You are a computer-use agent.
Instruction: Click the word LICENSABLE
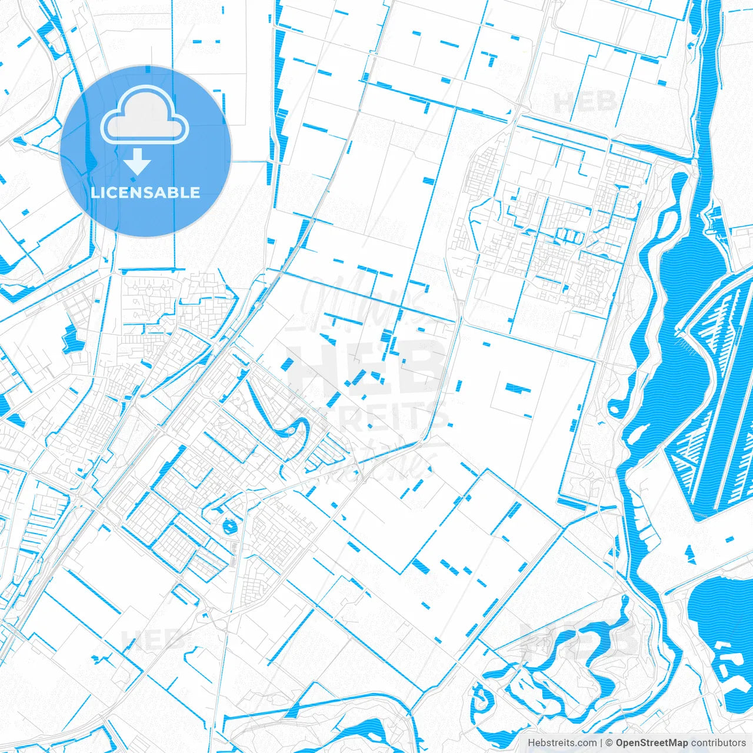145,192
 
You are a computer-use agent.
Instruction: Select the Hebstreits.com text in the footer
561,743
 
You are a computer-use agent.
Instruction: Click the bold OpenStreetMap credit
651,743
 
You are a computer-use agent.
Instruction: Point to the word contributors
718,743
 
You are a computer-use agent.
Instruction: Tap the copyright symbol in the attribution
609,743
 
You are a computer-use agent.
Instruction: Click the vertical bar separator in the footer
601,743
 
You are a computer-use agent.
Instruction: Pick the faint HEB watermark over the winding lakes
579,638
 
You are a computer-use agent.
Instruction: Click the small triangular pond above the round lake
688,553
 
